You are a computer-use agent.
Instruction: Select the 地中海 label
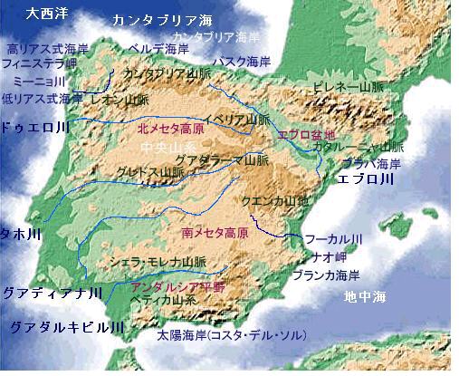click(x=365, y=296)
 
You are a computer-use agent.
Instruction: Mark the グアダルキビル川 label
click(x=60, y=323)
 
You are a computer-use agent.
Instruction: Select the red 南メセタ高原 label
click(x=215, y=232)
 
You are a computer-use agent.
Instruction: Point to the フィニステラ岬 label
click(x=40, y=64)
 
